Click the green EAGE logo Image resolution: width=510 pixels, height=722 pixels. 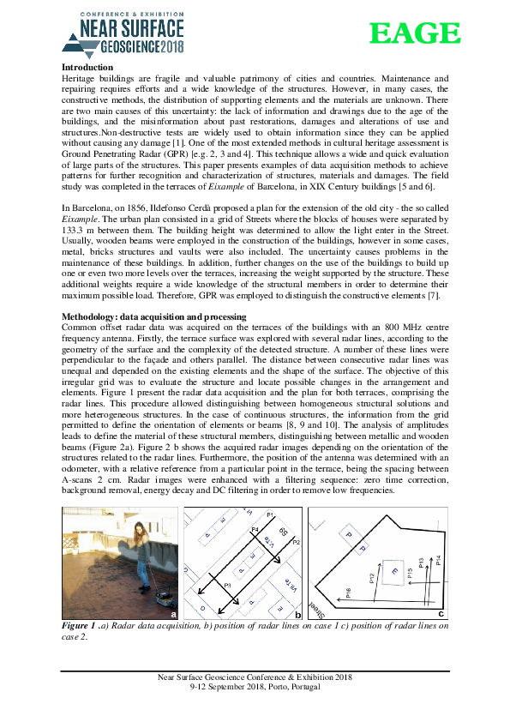coord(415,33)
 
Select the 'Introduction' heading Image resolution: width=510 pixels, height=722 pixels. coord(87,67)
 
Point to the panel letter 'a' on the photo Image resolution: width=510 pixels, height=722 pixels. coord(174,614)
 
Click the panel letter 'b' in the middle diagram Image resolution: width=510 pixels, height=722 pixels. coord(297,614)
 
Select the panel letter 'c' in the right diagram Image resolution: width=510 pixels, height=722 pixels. coord(441,613)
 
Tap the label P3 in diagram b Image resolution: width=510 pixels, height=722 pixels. coord(227,585)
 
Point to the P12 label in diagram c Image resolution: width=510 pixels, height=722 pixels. coord(371,579)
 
